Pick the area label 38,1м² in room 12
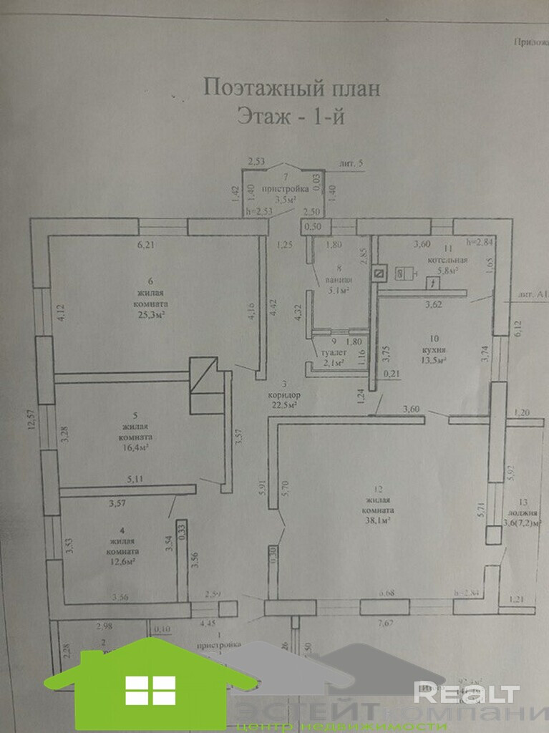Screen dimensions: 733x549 378,522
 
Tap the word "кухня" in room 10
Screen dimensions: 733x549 434,350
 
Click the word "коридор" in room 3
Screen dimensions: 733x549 286,395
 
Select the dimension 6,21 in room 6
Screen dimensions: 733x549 146,245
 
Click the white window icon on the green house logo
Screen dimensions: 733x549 150,690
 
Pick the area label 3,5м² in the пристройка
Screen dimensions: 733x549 286,200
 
